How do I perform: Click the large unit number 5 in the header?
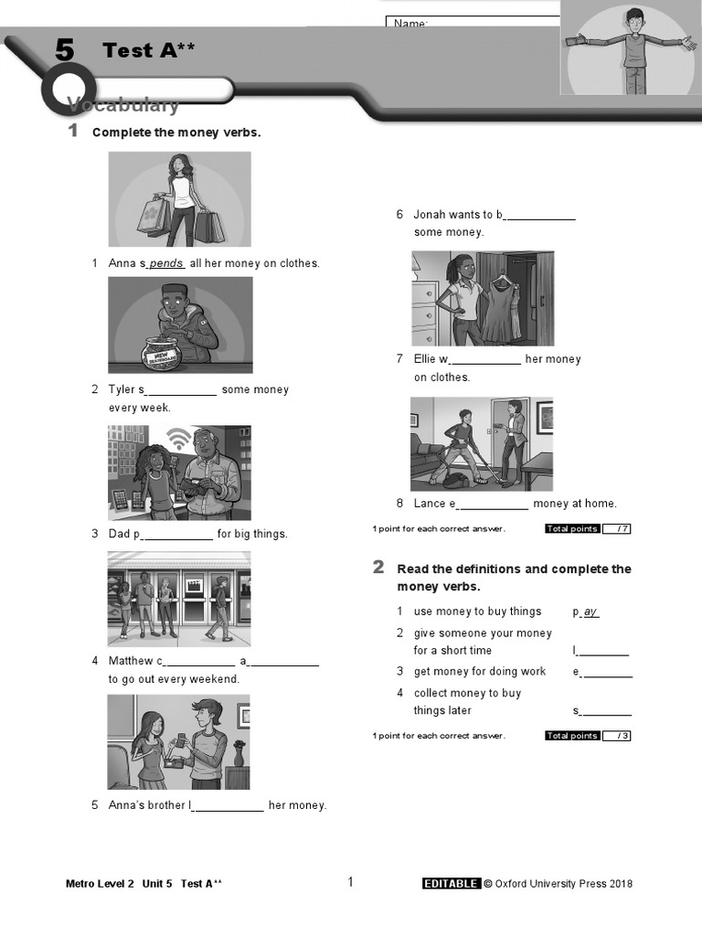pyautogui.click(x=63, y=50)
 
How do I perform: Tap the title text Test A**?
pyautogui.click(x=148, y=50)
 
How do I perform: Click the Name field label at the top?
pyautogui.click(x=410, y=23)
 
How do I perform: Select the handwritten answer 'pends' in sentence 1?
pyautogui.click(x=166, y=263)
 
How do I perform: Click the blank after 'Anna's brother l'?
pyautogui.click(x=229, y=806)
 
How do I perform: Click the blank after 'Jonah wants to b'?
pyautogui.click(x=540, y=216)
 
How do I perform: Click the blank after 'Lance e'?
pyautogui.click(x=492, y=505)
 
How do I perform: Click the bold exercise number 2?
pyautogui.click(x=378, y=568)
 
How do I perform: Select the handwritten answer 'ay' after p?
pyautogui.click(x=590, y=612)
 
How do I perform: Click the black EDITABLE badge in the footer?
pyautogui.click(x=451, y=883)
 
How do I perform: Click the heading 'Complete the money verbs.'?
pyautogui.click(x=176, y=133)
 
